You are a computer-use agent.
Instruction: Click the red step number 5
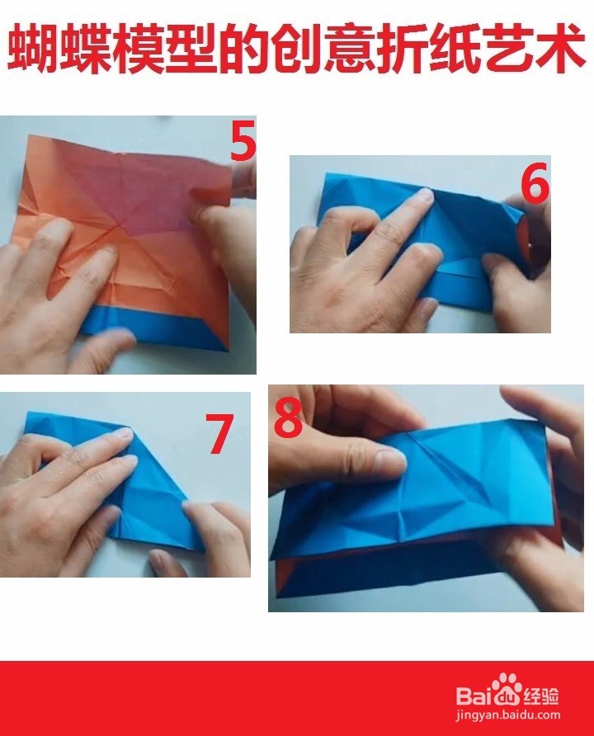click(243, 141)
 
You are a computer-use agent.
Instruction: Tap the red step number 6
click(535, 183)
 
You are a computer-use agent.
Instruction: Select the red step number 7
click(219, 433)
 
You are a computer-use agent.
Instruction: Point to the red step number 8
click(288, 418)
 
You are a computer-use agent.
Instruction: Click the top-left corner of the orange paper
click(30, 135)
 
